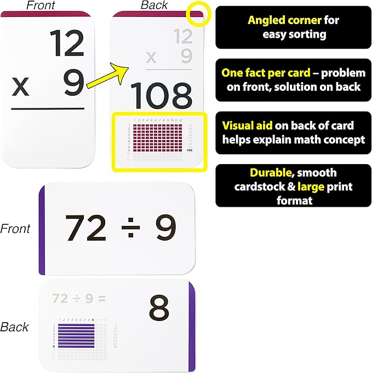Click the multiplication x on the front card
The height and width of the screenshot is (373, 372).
[x=21, y=87]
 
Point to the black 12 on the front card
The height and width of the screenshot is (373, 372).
[x=67, y=44]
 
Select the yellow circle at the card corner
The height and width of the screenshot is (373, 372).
[x=197, y=14]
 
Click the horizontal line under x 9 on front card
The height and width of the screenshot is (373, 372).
[x=48, y=108]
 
